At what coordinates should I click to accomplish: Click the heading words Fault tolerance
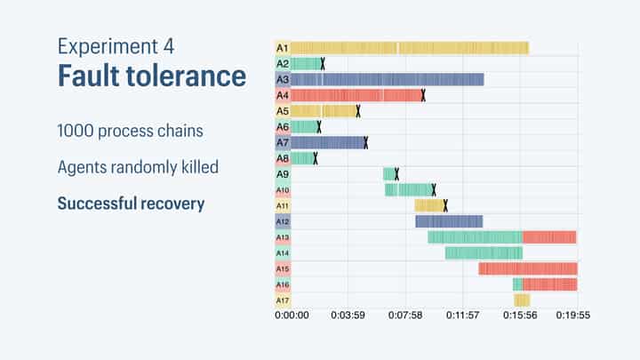(152, 76)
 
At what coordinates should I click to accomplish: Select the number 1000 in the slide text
(77, 130)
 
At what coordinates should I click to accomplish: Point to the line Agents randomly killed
(138, 166)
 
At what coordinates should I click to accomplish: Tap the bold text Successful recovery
(131, 204)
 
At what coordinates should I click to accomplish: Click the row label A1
(283, 48)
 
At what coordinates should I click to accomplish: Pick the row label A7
(283, 142)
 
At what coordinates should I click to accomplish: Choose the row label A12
(283, 221)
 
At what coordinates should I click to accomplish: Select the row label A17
(283, 300)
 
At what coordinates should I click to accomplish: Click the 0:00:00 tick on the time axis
(292, 315)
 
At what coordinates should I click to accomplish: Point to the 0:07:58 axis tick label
(405, 315)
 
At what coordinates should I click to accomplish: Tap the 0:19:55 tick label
(573, 315)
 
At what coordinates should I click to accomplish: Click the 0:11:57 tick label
(462, 315)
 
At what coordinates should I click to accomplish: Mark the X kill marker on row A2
(323, 63)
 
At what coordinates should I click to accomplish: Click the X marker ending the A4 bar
(423, 95)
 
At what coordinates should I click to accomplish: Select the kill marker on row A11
(445, 205)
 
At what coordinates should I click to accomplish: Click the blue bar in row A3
(387, 79)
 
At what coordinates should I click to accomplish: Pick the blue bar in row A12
(449, 221)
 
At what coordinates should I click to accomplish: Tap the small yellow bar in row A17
(522, 300)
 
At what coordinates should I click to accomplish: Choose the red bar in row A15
(528, 268)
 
